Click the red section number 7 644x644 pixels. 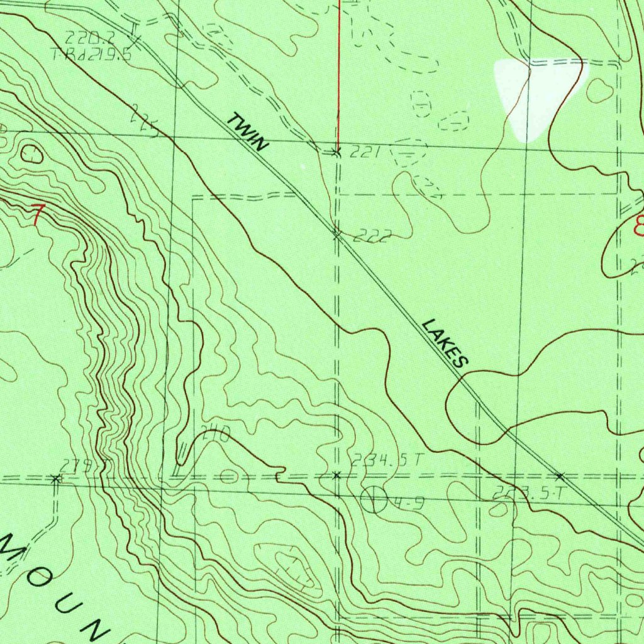(38, 215)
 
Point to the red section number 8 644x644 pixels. (639, 225)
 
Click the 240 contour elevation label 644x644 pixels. (216, 434)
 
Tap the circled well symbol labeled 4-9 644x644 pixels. (374, 499)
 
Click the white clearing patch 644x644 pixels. (535, 94)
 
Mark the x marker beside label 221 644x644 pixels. (336, 152)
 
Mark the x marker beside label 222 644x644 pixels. (337, 235)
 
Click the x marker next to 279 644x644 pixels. (55, 479)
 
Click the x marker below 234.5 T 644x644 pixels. (336, 475)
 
